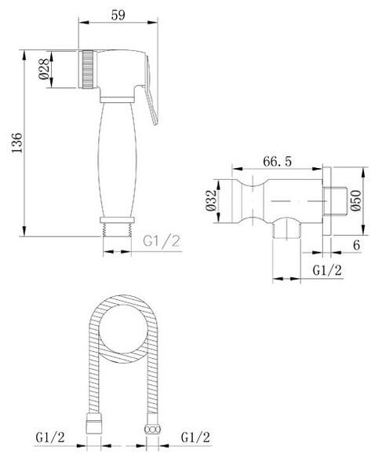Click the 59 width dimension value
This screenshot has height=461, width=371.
click(118, 15)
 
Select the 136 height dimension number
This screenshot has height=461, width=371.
click(17, 143)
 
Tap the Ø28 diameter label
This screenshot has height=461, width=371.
click(44, 69)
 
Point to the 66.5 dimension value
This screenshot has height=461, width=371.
click(277, 162)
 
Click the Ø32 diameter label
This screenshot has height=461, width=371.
click(211, 200)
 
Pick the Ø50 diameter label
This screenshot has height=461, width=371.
click(356, 200)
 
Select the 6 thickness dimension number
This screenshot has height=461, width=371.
click(356, 245)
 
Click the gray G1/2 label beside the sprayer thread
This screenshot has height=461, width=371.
click(161, 241)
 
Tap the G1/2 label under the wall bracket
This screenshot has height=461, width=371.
click(327, 270)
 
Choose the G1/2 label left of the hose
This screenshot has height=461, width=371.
click(50, 437)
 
